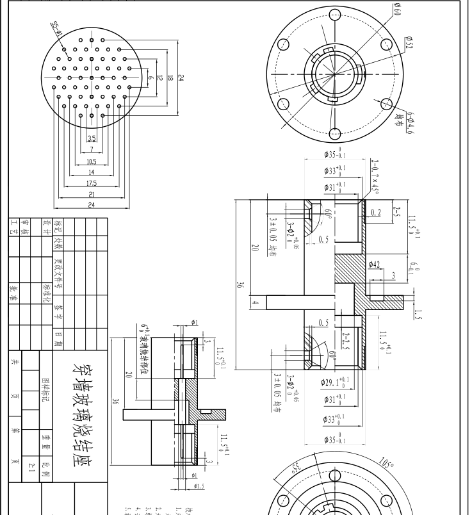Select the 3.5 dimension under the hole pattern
(92, 138)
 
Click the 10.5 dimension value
(92, 161)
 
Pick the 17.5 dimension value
(92, 183)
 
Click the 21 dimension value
(92, 194)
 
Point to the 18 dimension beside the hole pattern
(169, 78)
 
